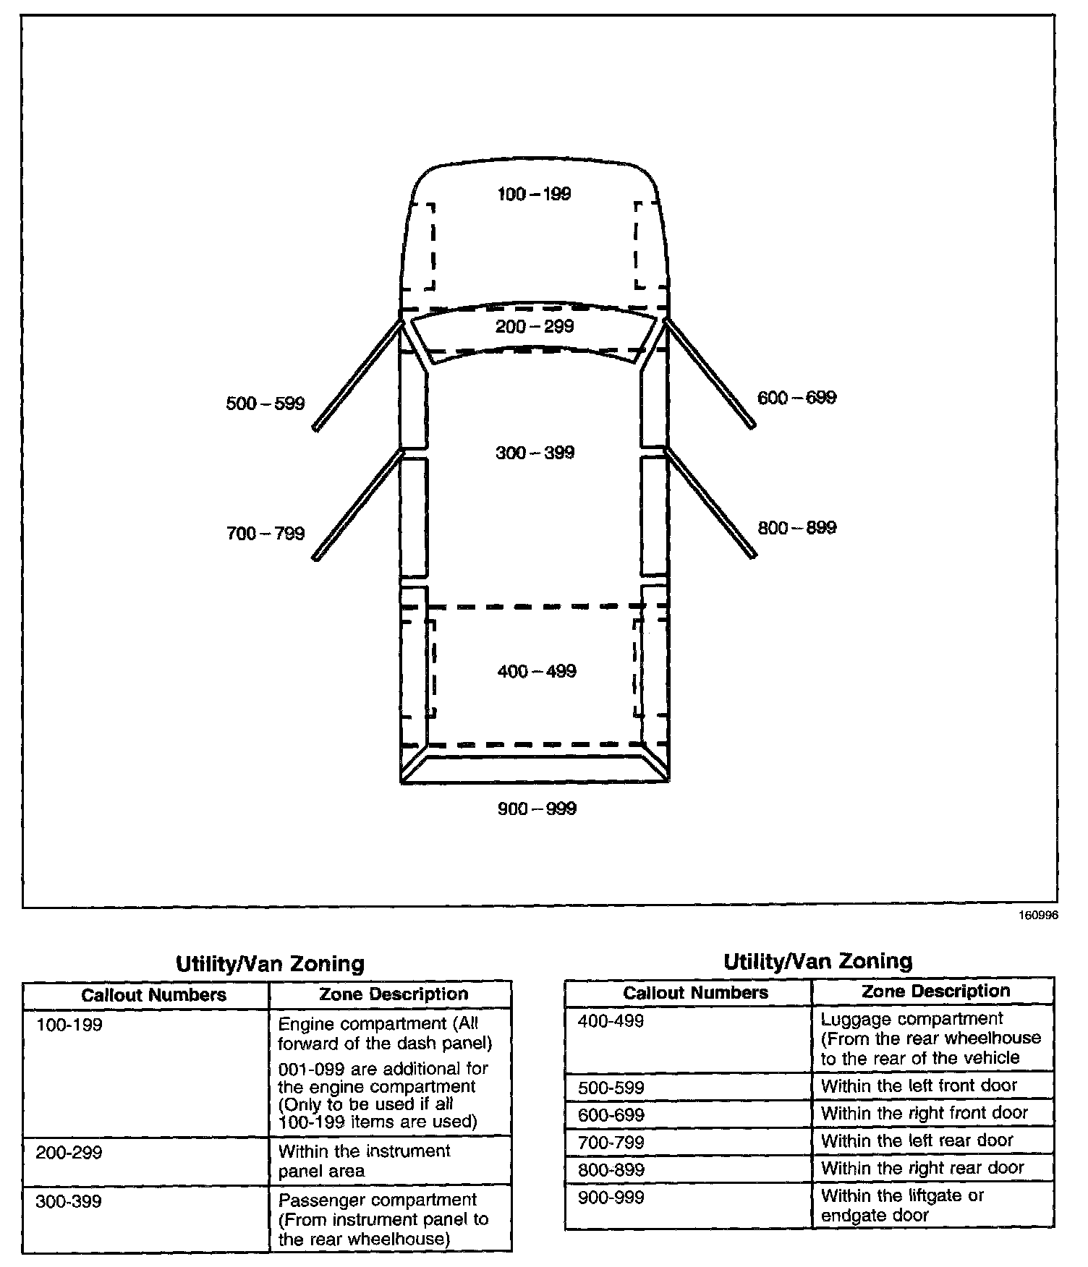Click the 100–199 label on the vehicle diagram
534,194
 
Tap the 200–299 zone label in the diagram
534,326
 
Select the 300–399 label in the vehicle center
535,453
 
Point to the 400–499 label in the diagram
537,671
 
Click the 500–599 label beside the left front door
265,404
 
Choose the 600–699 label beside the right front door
796,398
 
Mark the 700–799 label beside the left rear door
265,534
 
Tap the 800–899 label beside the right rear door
796,528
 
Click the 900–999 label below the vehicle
537,809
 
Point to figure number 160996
1038,915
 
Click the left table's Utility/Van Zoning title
270,964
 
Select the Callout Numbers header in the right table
695,993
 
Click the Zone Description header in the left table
394,994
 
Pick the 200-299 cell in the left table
69,1152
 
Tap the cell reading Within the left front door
919,1085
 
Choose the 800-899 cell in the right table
611,1169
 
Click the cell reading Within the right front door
925,1113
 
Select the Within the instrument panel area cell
364,1161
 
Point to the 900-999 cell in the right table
611,1198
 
